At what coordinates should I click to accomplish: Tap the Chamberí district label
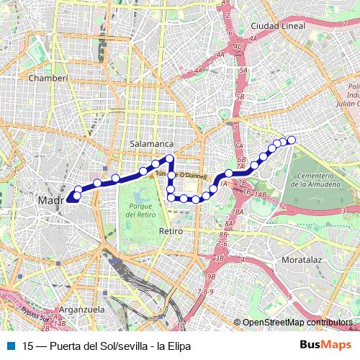(48, 77)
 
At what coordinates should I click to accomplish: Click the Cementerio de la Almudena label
(313, 180)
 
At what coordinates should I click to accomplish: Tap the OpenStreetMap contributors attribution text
(297, 323)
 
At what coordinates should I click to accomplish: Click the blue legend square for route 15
(8, 345)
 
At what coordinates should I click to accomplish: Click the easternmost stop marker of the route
(292, 140)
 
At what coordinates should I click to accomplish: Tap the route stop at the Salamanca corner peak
(170, 158)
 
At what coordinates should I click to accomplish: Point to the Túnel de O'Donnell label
(183, 175)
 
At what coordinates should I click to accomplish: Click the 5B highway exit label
(241, 96)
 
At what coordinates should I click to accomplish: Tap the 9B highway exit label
(211, 276)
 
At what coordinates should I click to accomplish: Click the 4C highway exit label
(237, 46)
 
